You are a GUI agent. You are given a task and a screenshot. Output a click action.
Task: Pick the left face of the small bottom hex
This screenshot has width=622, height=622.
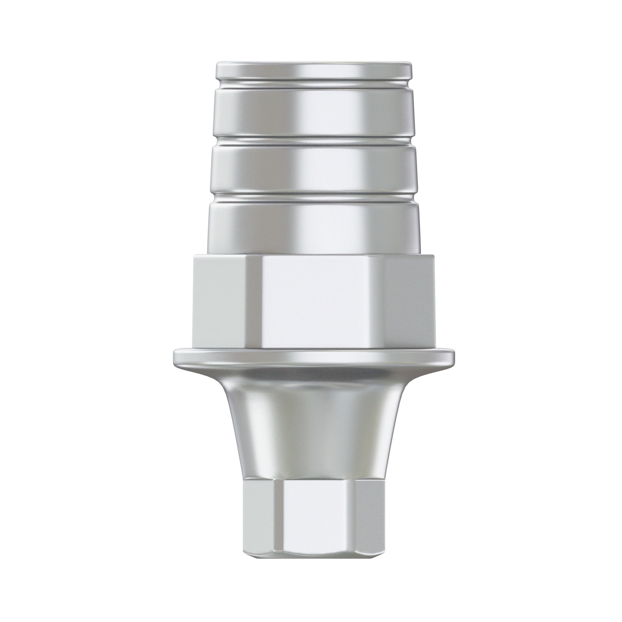click(259, 509)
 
